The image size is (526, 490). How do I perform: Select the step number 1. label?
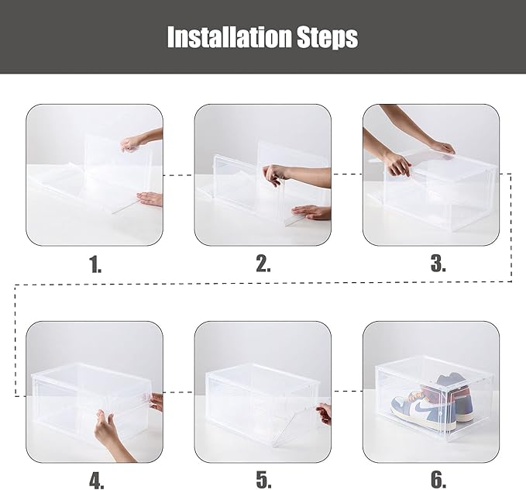(x=95, y=264)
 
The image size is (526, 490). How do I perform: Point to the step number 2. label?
(x=263, y=264)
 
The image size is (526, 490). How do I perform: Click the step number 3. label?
(x=438, y=264)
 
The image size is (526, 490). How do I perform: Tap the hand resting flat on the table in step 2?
(x=308, y=211)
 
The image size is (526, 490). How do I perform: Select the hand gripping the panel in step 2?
(x=275, y=174)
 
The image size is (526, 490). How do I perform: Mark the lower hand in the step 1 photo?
(x=151, y=199)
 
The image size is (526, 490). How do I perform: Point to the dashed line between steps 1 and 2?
(x=179, y=175)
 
